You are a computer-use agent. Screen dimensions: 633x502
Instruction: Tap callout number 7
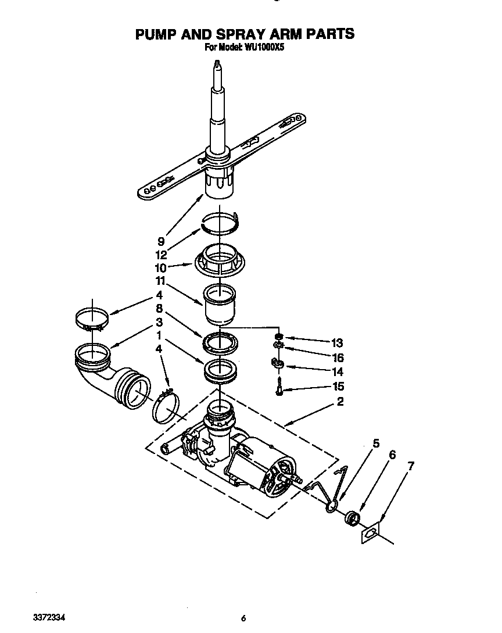point(411,466)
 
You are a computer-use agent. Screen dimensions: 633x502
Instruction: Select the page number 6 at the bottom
point(244,618)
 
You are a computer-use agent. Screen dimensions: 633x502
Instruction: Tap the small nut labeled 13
point(278,337)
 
